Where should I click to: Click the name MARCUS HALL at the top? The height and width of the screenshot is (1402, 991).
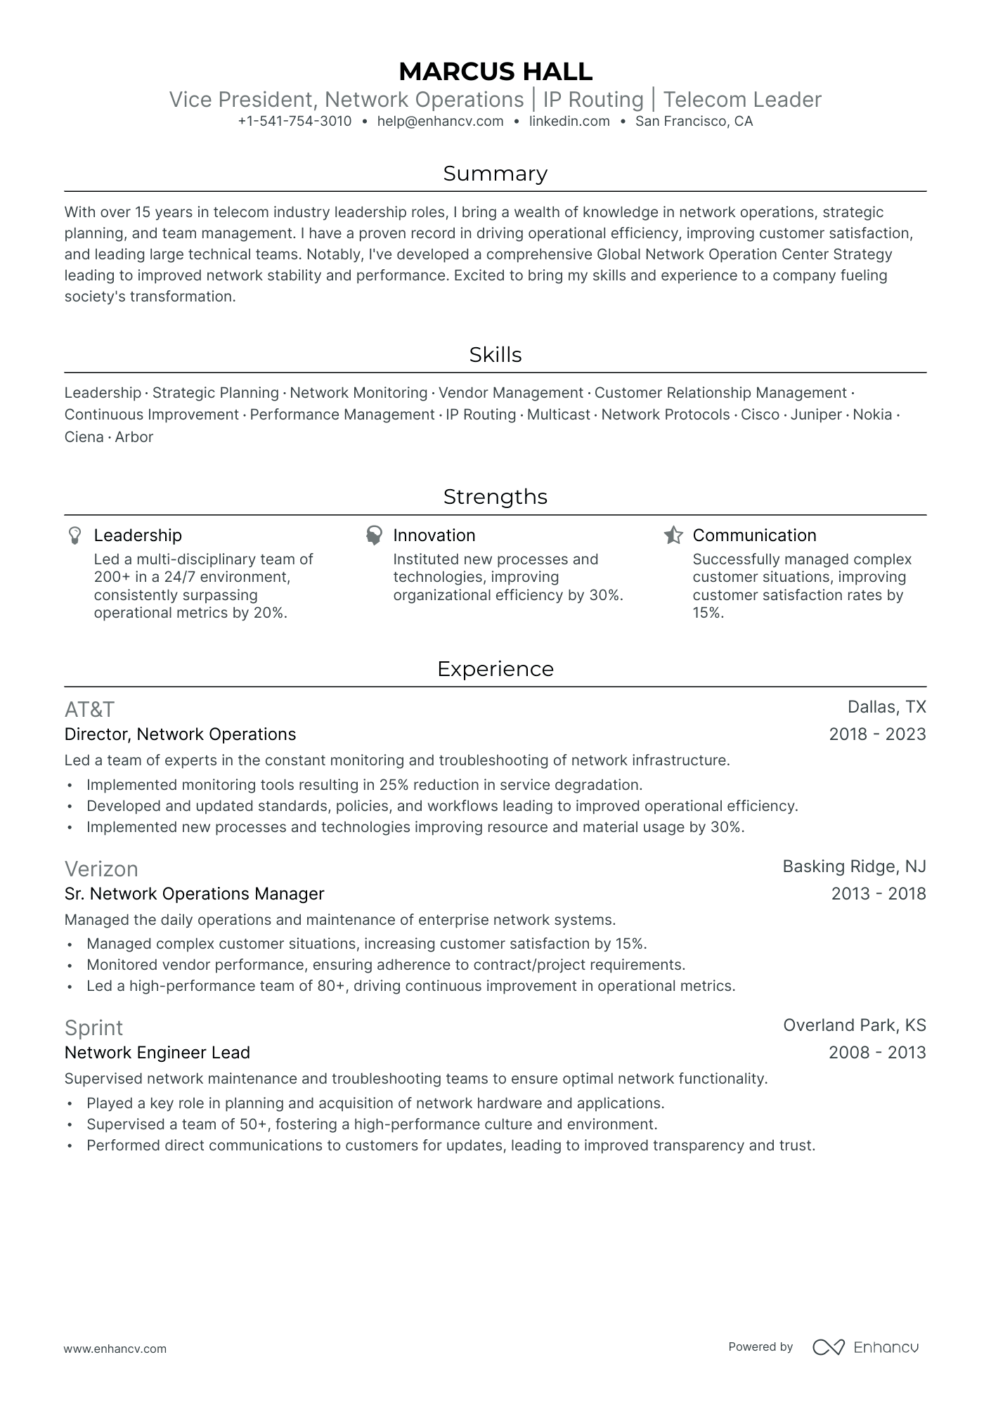[x=495, y=72]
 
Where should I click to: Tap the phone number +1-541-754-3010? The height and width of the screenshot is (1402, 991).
[x=294, y=121]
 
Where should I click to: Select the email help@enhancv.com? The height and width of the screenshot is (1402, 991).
[x=440, y=121]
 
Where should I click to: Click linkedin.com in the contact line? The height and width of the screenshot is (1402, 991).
[x=569, y=121]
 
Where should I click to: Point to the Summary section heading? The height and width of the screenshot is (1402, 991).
[x=495, y=174]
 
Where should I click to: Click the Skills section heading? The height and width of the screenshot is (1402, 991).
[x=495, y=355]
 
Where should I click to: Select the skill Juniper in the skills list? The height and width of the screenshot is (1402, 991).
[x=815, y=415]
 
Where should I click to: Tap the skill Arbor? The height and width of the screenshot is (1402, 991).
[x=134, y=437]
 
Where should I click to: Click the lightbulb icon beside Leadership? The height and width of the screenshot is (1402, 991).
[x=75, y=536]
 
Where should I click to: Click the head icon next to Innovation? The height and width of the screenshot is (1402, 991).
[x=374, y=536]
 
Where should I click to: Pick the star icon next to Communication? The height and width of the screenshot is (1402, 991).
[x=673, y=536]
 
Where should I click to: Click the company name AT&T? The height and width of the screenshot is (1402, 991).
[x=89, y=709]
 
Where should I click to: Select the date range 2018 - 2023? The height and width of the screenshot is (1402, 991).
[x=877, y=734]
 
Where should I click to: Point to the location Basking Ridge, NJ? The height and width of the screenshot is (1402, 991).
[x=854, y=866]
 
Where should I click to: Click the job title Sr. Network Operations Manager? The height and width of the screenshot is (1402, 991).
[x=194, y=894]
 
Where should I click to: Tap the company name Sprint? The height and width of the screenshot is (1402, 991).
[x=93, y=1028]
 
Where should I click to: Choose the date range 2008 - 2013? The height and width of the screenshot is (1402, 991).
[x=877, y=1053]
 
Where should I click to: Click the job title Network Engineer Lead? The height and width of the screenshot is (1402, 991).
[x=157, y=1053]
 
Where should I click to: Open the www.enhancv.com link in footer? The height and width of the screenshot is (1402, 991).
[x=115, y=1349]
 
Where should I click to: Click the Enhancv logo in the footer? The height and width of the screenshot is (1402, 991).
[x=865, y=1347]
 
